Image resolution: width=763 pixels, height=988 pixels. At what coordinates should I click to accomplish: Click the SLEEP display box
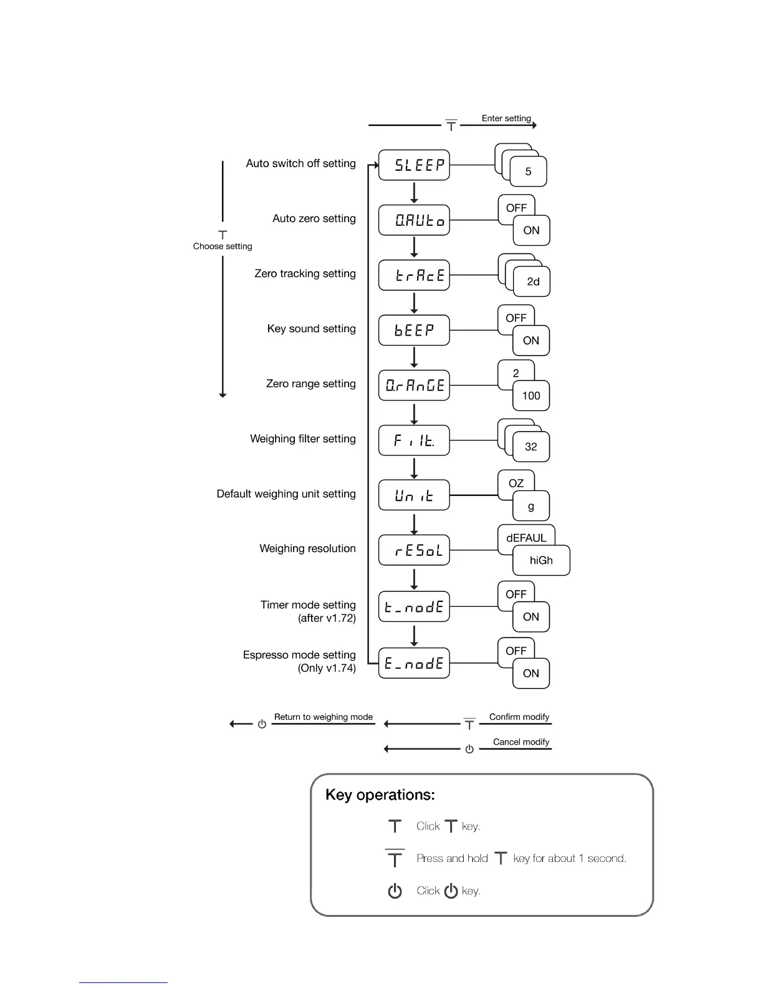coord(414,165)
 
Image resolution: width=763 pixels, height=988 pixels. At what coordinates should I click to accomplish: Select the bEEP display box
coord(414,330)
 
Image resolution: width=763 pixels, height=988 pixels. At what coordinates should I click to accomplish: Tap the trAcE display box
coord(414,275)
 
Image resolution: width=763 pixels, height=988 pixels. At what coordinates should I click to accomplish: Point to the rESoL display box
coord(414,550)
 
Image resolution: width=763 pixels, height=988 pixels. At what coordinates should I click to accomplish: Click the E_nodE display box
coord(414,663)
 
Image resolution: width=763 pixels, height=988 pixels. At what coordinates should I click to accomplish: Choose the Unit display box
coord(414,495)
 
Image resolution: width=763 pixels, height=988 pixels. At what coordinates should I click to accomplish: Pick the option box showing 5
coord(528,172)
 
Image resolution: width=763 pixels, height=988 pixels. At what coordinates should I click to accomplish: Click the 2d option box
coord(532,282)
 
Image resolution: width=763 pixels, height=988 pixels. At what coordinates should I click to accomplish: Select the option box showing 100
coord(531,396)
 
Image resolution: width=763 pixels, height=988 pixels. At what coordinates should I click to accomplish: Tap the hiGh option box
coord(541,560)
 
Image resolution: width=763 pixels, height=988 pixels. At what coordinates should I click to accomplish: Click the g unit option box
coord(531,506)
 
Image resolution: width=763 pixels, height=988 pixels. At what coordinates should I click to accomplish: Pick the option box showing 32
coord(531,447)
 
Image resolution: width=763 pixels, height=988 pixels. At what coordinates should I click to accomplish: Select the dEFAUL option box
coord(526,538)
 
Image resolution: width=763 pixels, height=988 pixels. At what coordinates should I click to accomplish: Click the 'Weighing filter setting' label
coord(303,439)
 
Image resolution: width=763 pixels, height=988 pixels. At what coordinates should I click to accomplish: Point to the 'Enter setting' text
coord(506,119)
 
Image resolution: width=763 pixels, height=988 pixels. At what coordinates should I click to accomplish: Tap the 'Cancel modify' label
coord(521,742)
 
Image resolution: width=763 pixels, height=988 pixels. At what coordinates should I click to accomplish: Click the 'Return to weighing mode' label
coord(324,717)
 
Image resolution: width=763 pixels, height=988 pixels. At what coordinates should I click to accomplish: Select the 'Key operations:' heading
coord(380,795)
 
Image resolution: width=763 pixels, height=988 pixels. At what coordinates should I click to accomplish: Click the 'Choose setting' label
coord(223,246)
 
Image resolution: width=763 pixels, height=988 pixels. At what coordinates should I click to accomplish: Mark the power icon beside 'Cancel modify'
coord(469,749)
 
